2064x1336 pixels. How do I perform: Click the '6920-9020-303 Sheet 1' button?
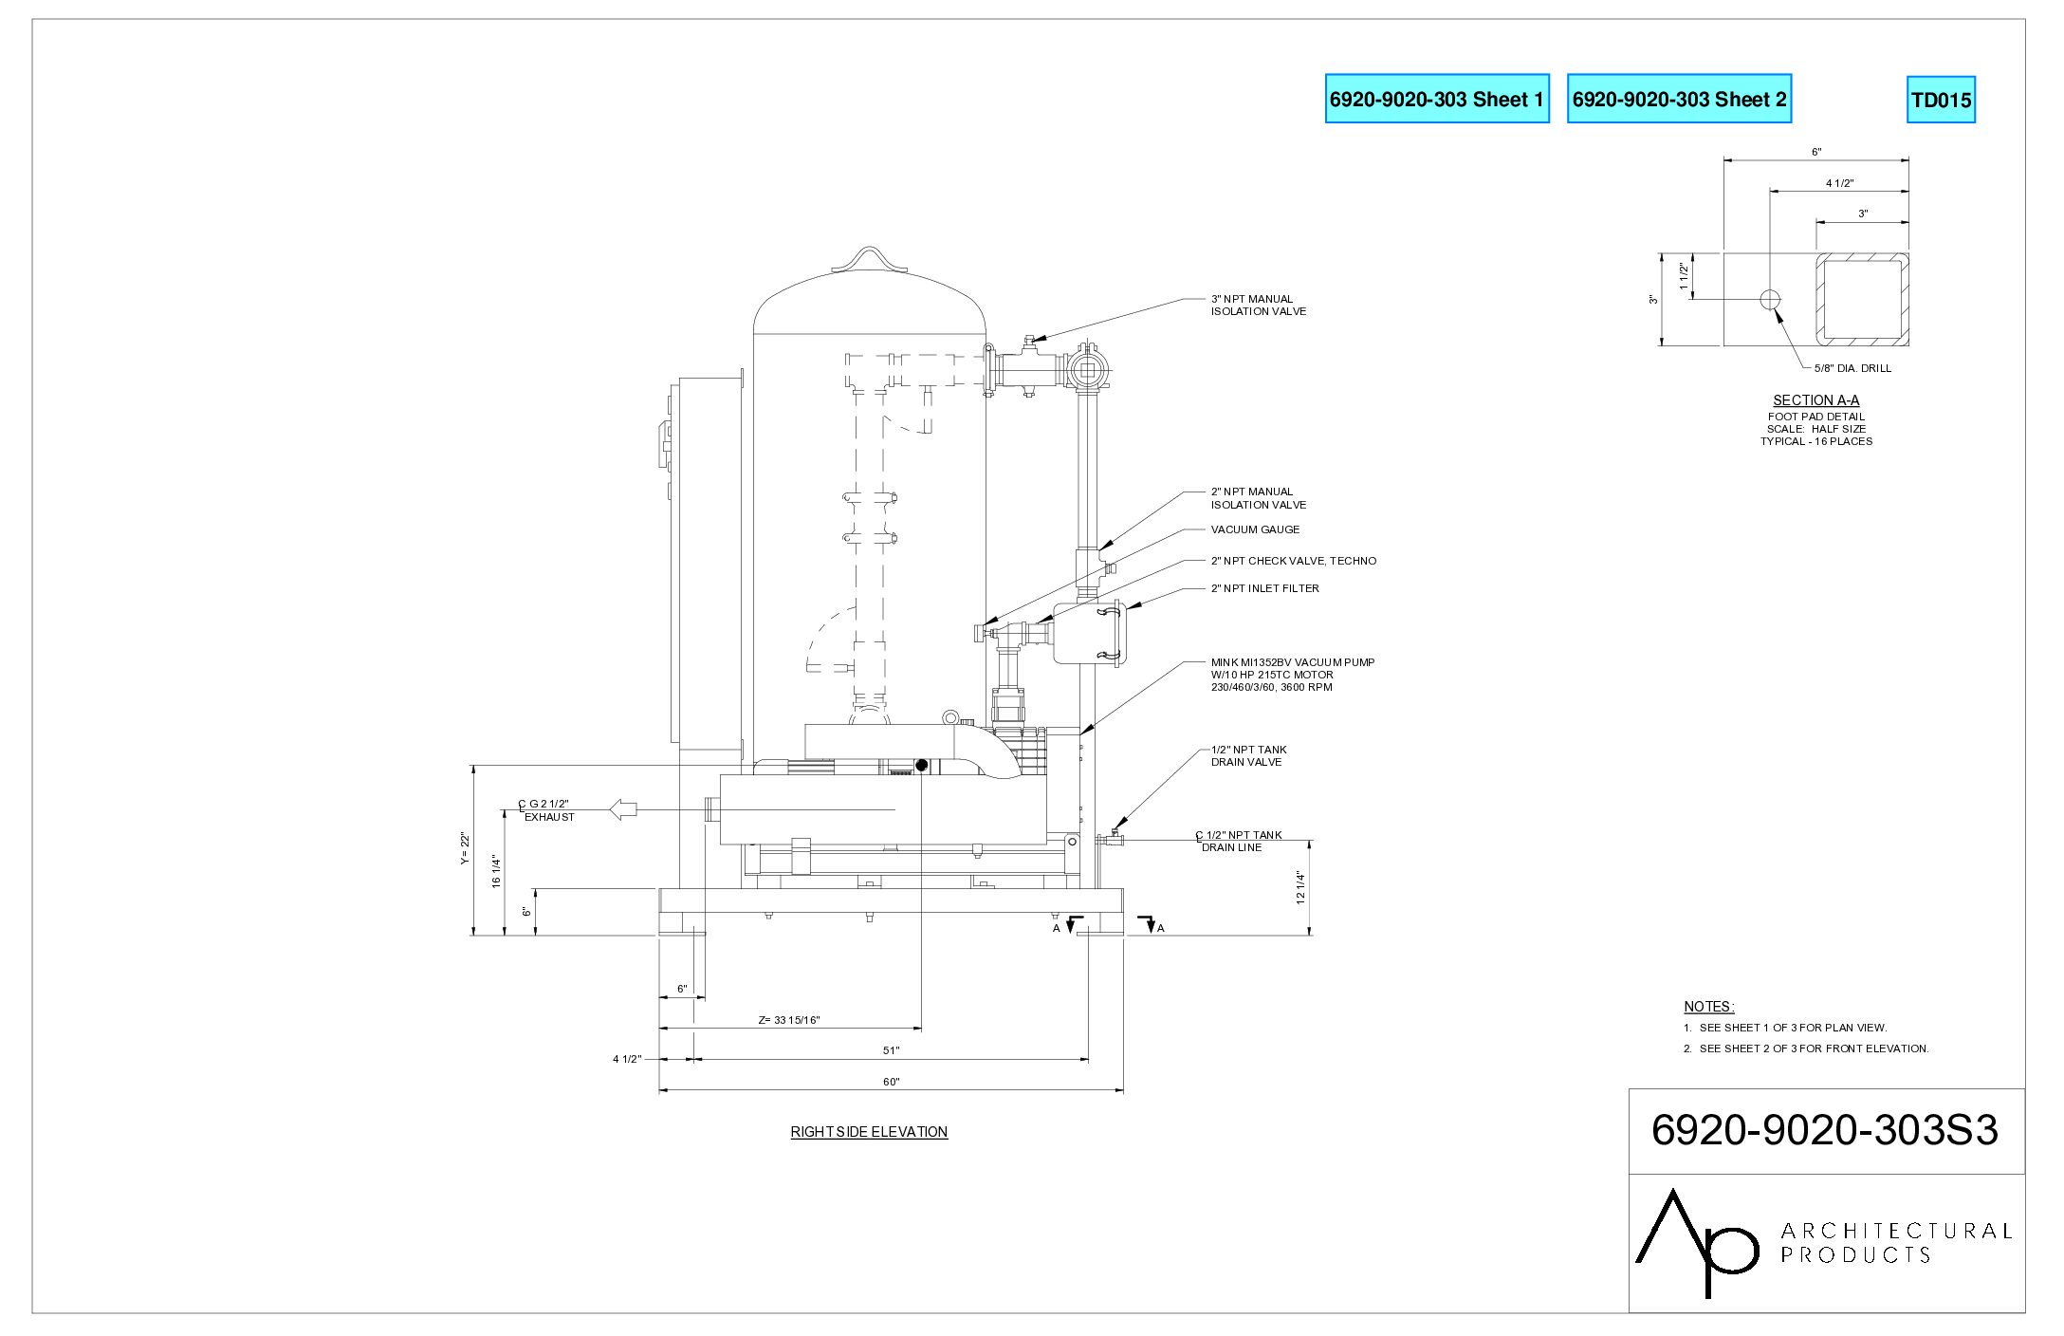[x=1437, y=99]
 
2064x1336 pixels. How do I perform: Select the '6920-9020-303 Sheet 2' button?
[x=1679, y=99]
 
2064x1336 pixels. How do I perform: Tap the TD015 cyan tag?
[x=1941, y=100]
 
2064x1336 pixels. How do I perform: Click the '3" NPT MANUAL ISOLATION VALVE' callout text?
[x=1258, y=306]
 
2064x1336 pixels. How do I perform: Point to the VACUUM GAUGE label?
[x=1255, y=529]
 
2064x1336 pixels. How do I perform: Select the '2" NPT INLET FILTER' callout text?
[x=1264, y=588]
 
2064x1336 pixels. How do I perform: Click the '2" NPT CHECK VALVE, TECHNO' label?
[x=1293, y=561]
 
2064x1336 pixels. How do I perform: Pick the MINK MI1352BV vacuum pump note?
[x=1292, y=675]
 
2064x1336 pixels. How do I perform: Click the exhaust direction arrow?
[x=623, y=809]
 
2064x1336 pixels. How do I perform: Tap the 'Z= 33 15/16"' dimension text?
[x=789, y=1020]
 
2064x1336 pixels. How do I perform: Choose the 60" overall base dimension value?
[x=892, y=1082]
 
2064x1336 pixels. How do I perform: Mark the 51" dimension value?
[x=892, y=1050]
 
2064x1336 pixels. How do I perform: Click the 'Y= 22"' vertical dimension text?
[x=465, y=848]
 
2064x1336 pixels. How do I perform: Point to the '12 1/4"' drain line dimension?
[x=1300, y=887]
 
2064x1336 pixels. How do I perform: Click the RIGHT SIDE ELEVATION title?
[x=869, y=1132]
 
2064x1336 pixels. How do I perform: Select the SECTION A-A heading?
[x=1815, y=400]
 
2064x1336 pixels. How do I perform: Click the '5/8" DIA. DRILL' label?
[x=1852, y=368]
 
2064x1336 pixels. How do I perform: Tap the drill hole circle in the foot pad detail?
[x=1770, y=300]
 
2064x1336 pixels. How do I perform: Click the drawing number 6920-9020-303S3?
[x=1825, y=1130]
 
